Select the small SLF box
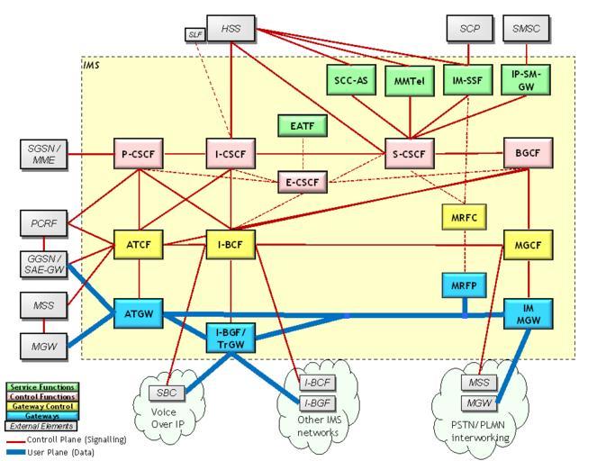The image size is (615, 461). coord(195,34)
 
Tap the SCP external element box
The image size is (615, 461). coord(469,28)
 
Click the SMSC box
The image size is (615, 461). coord(525,28)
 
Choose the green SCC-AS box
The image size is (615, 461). coord(349,80)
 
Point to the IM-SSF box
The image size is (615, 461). coord(468,80)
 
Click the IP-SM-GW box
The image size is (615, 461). coord(525,80)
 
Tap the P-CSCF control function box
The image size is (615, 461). coord(138,153)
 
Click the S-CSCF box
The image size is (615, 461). coord(410,153)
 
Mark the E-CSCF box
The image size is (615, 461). coord(303,181)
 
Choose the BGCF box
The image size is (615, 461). coord(528,153)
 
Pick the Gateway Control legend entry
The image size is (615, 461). coord(31,406)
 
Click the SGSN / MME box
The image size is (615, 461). coord(43,153)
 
